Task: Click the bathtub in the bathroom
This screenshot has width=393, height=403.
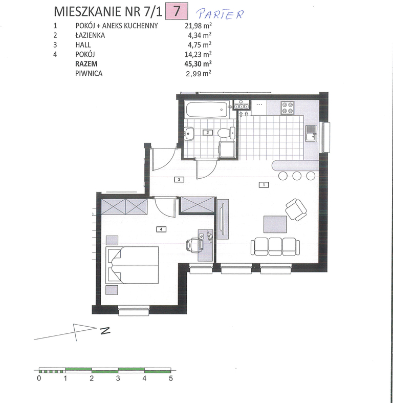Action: [x=207, y=110]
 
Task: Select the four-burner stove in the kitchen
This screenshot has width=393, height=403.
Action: [x=288, y=108]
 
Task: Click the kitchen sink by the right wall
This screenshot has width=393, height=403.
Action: [x=311, y=133]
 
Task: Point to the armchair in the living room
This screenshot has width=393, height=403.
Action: [x=296, y=209]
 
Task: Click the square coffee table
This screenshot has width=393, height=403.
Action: [x=275, y=224]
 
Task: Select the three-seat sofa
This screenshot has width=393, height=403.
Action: [x=275, y=246]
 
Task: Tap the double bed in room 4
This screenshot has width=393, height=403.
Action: [x=133, y=265]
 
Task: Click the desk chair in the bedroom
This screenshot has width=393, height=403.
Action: [x=194, y=245]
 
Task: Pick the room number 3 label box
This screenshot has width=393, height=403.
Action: [x=179, y=179]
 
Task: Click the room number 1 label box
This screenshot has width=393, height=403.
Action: [x=264, y=184]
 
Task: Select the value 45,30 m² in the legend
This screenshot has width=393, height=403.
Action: [x=198, y=63]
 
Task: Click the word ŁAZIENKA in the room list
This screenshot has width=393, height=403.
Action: [x=90, y=35]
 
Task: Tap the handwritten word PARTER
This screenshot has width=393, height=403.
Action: [x=220, y=14]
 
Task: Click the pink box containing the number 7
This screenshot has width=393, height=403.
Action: [x=177, y=11]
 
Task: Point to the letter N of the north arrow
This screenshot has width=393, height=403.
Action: [x=105, y=330]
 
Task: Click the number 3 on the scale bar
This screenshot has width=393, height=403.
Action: [x=118, y=378]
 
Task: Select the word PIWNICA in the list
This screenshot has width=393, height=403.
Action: [x=89, y=74]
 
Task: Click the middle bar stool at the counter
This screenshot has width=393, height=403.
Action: [x=297, y=176]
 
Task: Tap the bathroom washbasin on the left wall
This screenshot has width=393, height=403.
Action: [x=190, y=133]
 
